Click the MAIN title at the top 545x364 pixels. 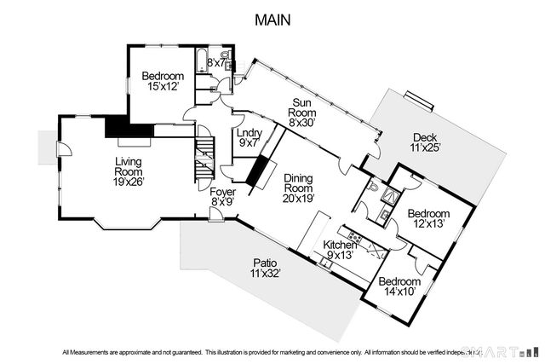pyautogui.click(x=272, y=19)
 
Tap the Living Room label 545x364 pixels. pyautogui.click(x=130, y=173)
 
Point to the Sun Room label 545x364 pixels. pyautogui.click(x=302, y=113)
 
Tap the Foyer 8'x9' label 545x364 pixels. pyautogui.click(x=223, y=198)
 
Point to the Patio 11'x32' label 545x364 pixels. pyautogui.click(x=265, y=268)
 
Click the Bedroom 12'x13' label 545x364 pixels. pyautogui.click(x=427, y=218)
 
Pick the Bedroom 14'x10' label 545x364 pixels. pyautogui.click(x=399, y=286)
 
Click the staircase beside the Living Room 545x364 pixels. pyautogui.click(x=204, y=159)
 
